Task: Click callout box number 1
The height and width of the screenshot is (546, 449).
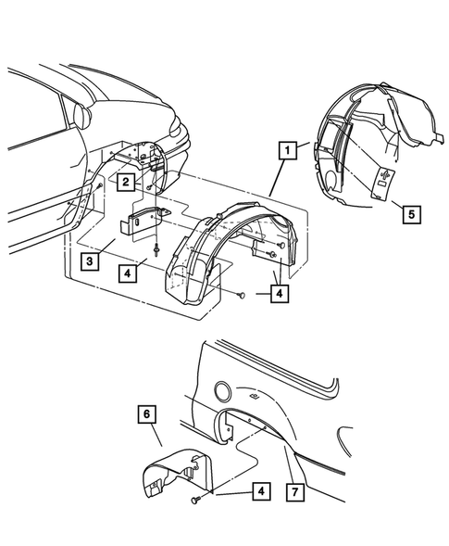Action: click(x=289, y=149)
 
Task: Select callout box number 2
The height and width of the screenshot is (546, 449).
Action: click(x=124, y=184)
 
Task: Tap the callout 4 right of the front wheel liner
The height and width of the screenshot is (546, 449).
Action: click(x=279, y=294)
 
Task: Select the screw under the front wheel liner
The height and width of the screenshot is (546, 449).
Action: click(x=240, y=295)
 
